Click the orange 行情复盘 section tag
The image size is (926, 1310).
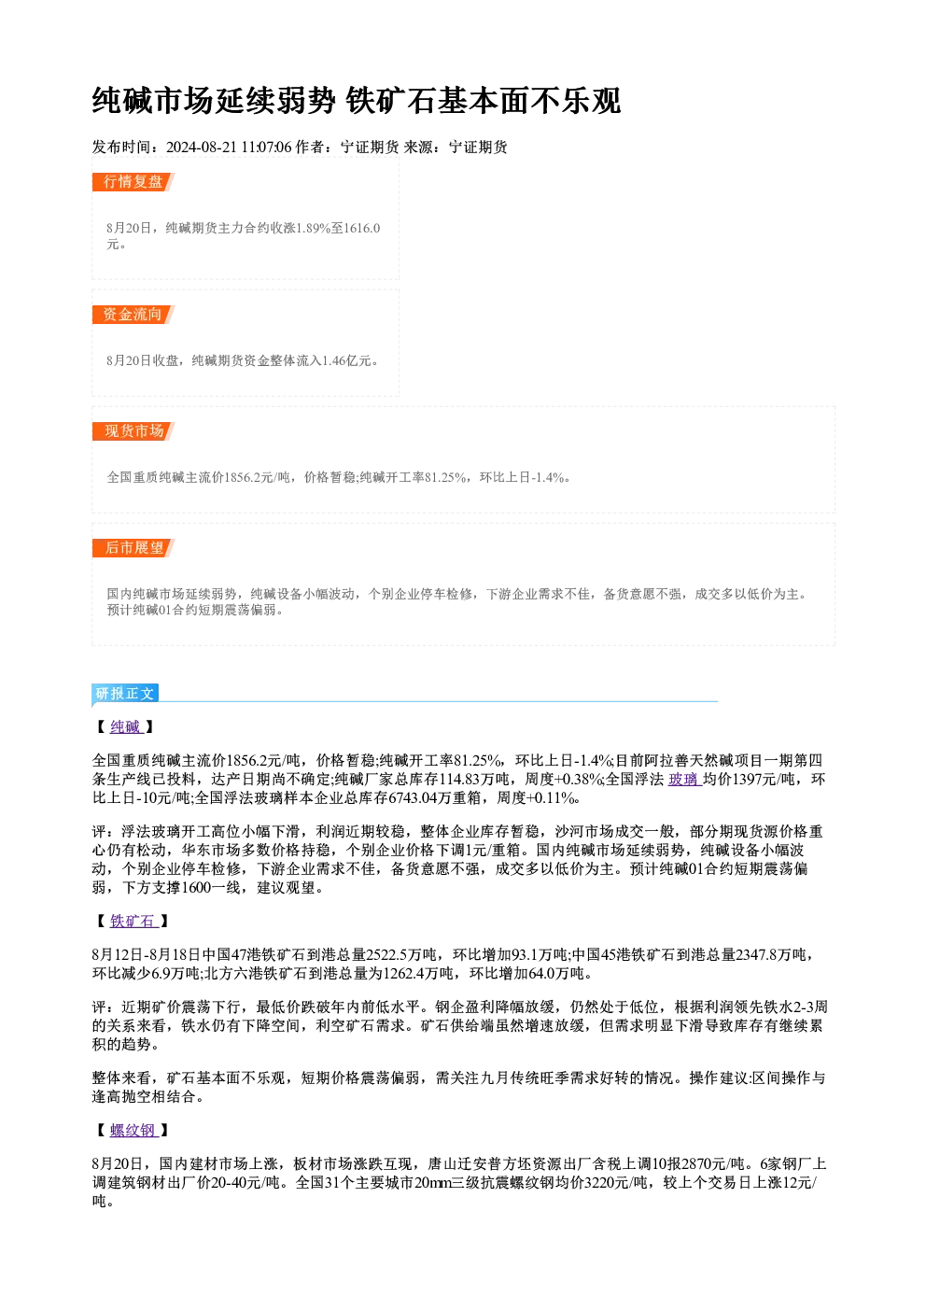[133, 182]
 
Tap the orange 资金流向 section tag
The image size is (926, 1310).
[133, 315]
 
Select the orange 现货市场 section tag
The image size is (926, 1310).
[133, 431]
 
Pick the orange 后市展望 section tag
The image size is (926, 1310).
[133, 548]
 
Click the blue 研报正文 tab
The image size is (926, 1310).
[125, 694]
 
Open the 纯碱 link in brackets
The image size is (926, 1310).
[126, 727]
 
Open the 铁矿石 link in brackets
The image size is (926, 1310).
[133, 921]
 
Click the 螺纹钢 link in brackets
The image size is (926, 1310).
[133, 1131]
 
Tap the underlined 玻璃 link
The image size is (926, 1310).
[684, 779]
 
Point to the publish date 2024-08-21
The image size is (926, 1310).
[201, 148]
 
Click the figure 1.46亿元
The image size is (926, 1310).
[346, 360]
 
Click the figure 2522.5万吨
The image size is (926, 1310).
[401, 955]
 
